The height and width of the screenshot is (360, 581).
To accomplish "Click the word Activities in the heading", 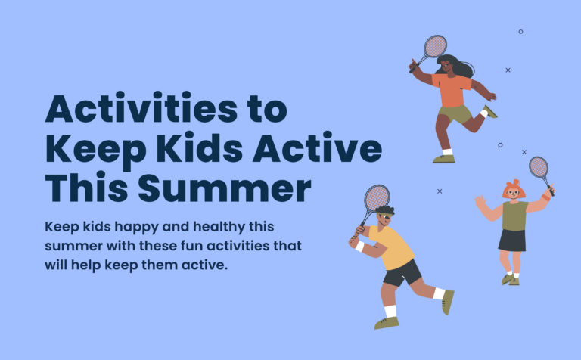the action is point(141,107).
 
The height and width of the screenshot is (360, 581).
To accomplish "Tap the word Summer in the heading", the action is point(225,188).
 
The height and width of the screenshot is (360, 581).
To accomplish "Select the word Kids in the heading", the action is point(200,147).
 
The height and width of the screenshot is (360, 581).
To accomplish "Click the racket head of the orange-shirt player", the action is point(436,46).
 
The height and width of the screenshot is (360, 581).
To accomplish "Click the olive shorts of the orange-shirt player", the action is point(455,114).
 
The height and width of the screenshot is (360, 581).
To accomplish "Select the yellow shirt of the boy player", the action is point(393,247).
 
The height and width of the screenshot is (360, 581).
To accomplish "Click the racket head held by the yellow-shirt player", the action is point(377,197).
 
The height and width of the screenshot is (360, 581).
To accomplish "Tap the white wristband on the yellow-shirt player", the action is point(359,247).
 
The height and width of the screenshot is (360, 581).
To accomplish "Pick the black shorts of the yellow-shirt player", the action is point(402,273).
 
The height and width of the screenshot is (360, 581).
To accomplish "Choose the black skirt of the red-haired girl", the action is point(512,241).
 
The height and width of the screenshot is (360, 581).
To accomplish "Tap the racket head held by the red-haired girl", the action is point(539,167).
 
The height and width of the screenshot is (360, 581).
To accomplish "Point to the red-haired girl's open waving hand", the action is point(480,202).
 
